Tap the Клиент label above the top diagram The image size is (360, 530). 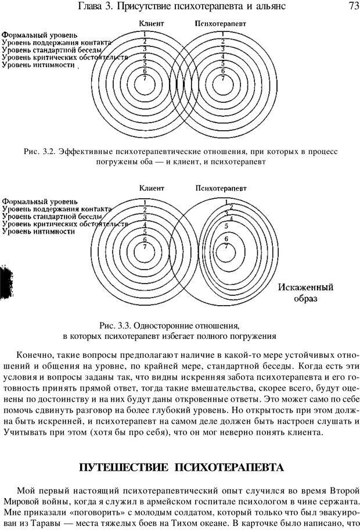tap(152, 24)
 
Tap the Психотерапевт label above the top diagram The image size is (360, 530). tap(220, 24)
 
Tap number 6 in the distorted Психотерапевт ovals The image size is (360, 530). tap(226, 238)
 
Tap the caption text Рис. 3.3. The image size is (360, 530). tap(115, 325)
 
